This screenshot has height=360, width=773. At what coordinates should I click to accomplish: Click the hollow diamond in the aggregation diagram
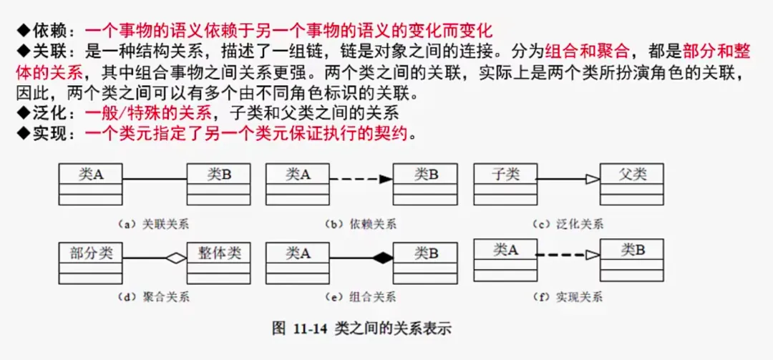click(176, 258)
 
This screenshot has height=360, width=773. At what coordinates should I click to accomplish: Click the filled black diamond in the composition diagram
click(383, 258)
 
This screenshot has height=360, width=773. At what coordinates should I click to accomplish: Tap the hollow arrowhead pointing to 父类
click(592, 179)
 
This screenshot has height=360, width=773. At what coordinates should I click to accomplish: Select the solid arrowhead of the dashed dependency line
click(386, 179)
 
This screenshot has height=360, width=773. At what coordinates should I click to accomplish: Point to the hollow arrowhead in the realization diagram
click(592, 254)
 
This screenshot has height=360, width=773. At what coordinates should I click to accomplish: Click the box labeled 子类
click(505, 185)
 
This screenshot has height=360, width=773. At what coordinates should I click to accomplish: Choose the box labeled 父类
click(632, 185)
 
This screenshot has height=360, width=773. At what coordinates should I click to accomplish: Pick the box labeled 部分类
click(91, 263)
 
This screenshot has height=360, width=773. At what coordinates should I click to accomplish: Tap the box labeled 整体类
click(218, 263)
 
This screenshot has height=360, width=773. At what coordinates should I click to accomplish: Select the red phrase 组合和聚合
click(587, 52)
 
